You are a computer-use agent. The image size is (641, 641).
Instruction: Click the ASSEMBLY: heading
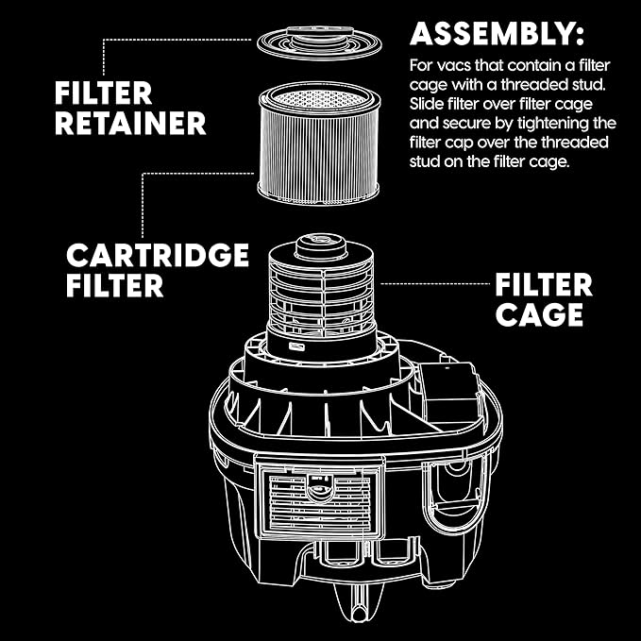[497, 36]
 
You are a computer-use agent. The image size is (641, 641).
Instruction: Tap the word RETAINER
[131, 123]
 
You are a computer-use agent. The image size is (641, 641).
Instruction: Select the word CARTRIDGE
[158, 256]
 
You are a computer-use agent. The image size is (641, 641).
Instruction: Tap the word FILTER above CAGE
[544, 284]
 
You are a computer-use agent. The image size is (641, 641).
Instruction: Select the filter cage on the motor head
[323, 293]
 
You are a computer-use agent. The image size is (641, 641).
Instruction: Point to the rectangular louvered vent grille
[322, 503]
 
